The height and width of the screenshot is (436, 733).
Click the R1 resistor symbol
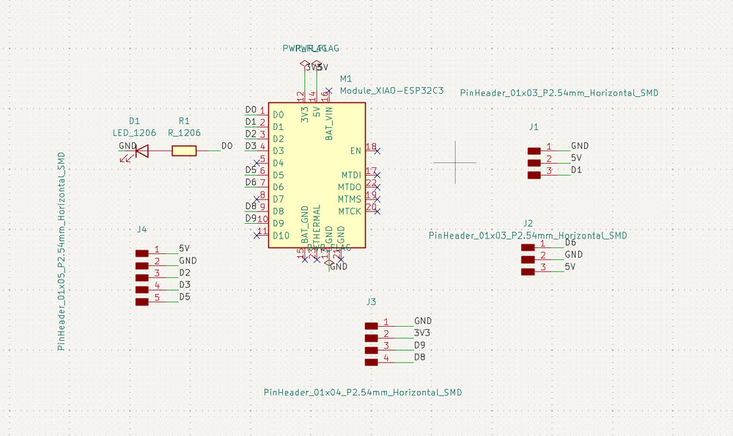click(184, 151)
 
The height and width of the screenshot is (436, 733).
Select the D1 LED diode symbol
click(141, 151)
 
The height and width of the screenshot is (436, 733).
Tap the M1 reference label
click(346, 79)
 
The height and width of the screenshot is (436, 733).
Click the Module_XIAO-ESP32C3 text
click(391, 91)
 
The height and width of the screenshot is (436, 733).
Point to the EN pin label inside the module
click(356, 151)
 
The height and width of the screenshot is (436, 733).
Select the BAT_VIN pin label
click(329, 123)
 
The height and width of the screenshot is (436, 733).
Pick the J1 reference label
click(534, 127)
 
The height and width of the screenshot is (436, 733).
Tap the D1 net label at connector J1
click(576, 170)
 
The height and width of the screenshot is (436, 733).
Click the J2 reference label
click(528, 223)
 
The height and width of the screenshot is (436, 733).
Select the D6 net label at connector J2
click(571, 243)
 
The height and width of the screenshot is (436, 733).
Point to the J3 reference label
click(371, 302)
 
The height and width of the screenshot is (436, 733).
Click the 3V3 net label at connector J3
click(422, 333)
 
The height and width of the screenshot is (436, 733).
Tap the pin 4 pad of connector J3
click(372, 361)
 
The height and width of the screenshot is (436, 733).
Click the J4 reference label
click(142, 230)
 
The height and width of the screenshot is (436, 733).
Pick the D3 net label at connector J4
click(185, 285)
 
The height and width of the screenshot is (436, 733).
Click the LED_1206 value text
click(134, 133)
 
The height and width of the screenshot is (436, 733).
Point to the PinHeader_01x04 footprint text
click(363, 393)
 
